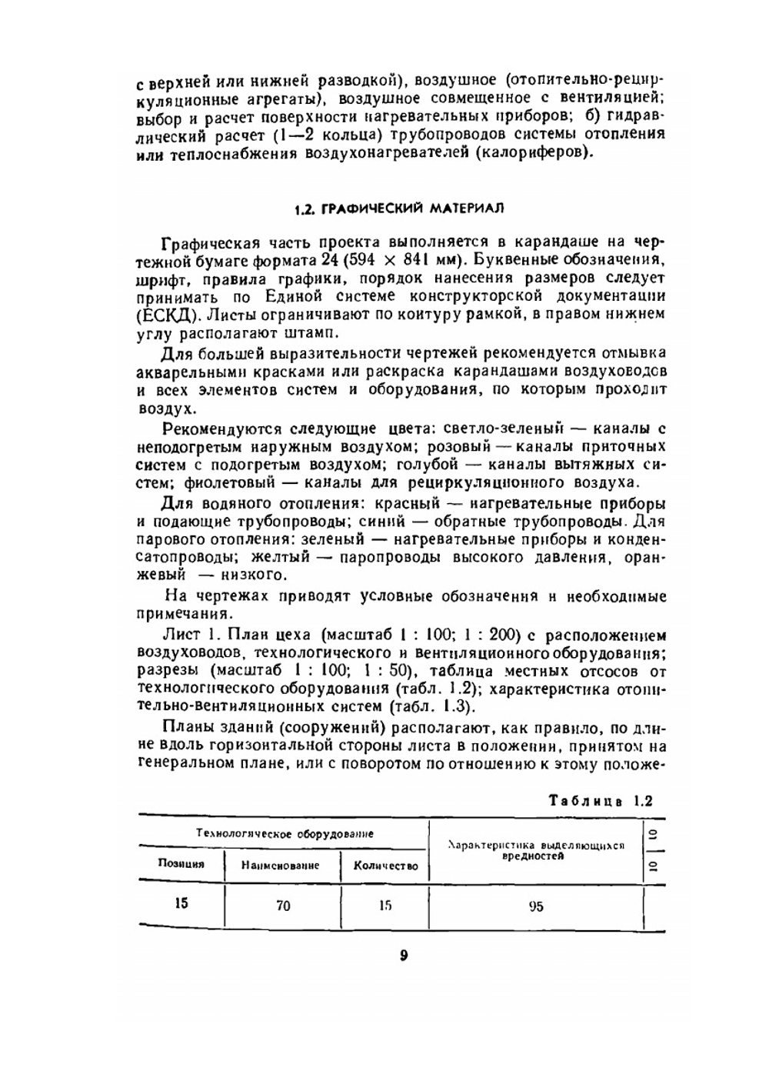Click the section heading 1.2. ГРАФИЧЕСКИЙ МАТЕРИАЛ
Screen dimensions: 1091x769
[x=399, y=209]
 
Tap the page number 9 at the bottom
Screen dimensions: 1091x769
[x=403, y=956]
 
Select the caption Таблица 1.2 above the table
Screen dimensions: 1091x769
[x=600, y=800]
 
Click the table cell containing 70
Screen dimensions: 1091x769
[x=283, y=906]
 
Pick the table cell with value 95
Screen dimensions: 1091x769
[x=536, y=906]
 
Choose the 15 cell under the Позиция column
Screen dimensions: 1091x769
[x=181, y=903]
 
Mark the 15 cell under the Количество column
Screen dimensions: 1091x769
[x=385, y=906]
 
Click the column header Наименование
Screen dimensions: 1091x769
[x=281, y=865]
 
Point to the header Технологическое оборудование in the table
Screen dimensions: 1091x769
[x=285, y=833]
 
